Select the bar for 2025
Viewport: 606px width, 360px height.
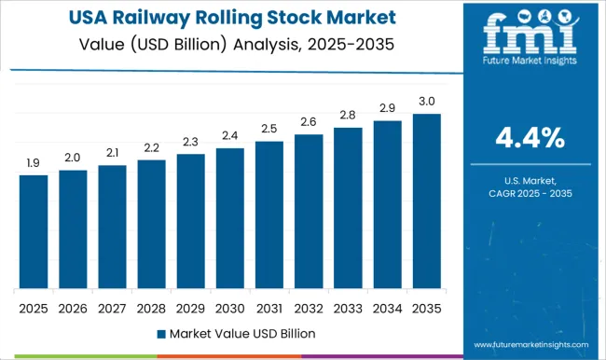(x=34, y=231)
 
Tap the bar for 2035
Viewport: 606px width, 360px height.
(x=426, y=201)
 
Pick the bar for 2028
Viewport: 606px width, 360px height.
(x=151, y=224)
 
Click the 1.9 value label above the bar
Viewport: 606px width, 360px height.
(x=34, y=162)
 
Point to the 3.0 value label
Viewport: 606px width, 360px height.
(x=426, y=102)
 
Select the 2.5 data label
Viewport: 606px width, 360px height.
(x=269, y=129)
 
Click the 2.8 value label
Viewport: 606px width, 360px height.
(x=348, y=115)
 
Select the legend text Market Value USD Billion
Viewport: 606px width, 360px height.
(x=242, y=333)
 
